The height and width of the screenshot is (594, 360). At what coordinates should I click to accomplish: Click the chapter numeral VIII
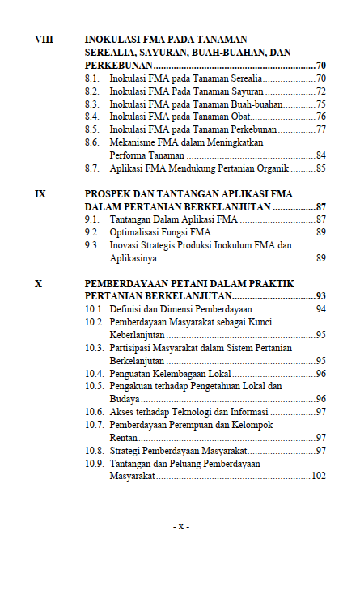(44, 39)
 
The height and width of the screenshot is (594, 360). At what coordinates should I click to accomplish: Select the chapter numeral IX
(40, 194)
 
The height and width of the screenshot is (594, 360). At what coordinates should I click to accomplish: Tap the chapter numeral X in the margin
(38, 283)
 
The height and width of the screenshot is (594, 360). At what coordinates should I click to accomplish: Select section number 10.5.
(95, 386)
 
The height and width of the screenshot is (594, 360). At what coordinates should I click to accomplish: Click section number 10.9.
(95, 464)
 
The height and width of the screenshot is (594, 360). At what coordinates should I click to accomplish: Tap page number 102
(318, 477)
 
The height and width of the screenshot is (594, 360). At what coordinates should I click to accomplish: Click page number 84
(320, 155)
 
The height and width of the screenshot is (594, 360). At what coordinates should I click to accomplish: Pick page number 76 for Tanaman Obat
(320, 117)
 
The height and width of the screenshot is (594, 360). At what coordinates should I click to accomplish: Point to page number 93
(320, 296)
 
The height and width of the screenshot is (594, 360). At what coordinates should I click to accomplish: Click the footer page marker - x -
(180, 527)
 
